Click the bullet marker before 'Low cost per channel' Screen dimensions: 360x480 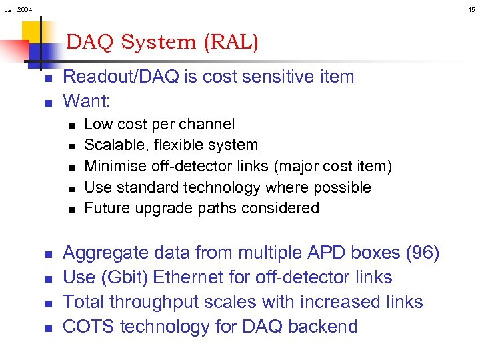(71, 125)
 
